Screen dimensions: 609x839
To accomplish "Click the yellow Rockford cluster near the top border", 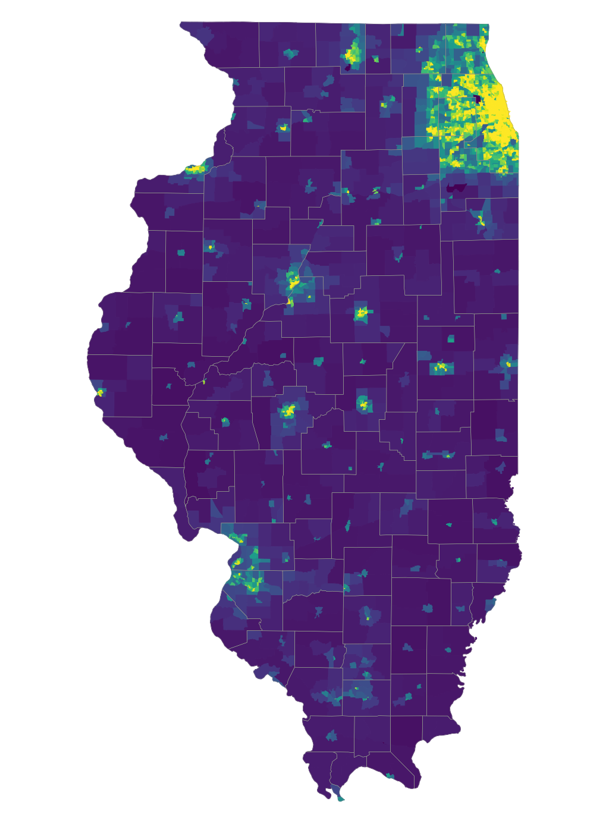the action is [351, 54].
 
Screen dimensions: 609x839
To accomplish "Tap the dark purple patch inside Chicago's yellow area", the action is [476, 99].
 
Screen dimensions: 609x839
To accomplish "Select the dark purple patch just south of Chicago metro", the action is [457, 188].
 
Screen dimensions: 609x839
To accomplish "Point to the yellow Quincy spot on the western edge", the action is [100, 392].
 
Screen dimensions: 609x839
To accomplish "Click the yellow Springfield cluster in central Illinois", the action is [289, 410].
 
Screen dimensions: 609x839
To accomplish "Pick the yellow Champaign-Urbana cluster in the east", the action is [441, 367].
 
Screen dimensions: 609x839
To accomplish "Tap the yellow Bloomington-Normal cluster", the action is [362, 312].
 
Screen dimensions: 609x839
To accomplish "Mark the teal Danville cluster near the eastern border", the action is [507, 362].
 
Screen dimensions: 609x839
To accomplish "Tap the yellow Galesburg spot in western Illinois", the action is [210, 246].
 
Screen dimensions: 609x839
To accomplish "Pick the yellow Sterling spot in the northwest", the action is [284, 127].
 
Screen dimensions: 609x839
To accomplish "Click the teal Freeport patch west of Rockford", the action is [290, 54].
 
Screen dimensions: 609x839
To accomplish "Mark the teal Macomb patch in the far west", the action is [178, 317].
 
